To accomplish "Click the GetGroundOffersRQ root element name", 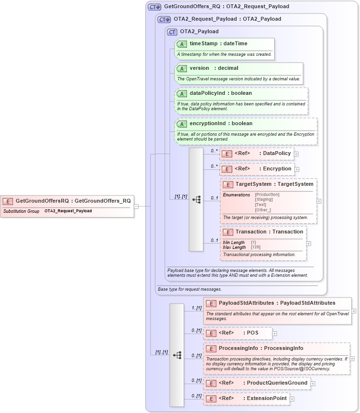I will (x=42, y=201).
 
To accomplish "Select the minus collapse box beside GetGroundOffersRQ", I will (x=136, y=206).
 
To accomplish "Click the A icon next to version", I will (x=182, y=68).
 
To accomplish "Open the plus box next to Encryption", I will (x=297, y=169).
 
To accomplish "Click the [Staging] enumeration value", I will (x=264, y=199).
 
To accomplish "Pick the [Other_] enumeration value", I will (x=263, y=210).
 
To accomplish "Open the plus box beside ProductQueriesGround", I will (x=313, y=384).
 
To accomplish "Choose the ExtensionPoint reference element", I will (x=267, y=399).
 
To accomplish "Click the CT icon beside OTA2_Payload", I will (x=172, y=32).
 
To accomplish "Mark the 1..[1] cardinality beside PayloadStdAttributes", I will (x=197, y=308).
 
